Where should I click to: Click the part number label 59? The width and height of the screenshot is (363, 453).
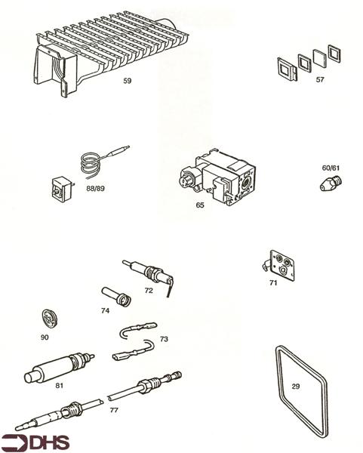[x=128, y=80]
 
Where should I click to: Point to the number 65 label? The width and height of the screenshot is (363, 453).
[x=199, y=205]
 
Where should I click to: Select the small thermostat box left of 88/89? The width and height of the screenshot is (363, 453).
[x=60, y=186]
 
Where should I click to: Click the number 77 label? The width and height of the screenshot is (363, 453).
[x=114, y=411]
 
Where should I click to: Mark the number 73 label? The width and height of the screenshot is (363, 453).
[x=164, y=340]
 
